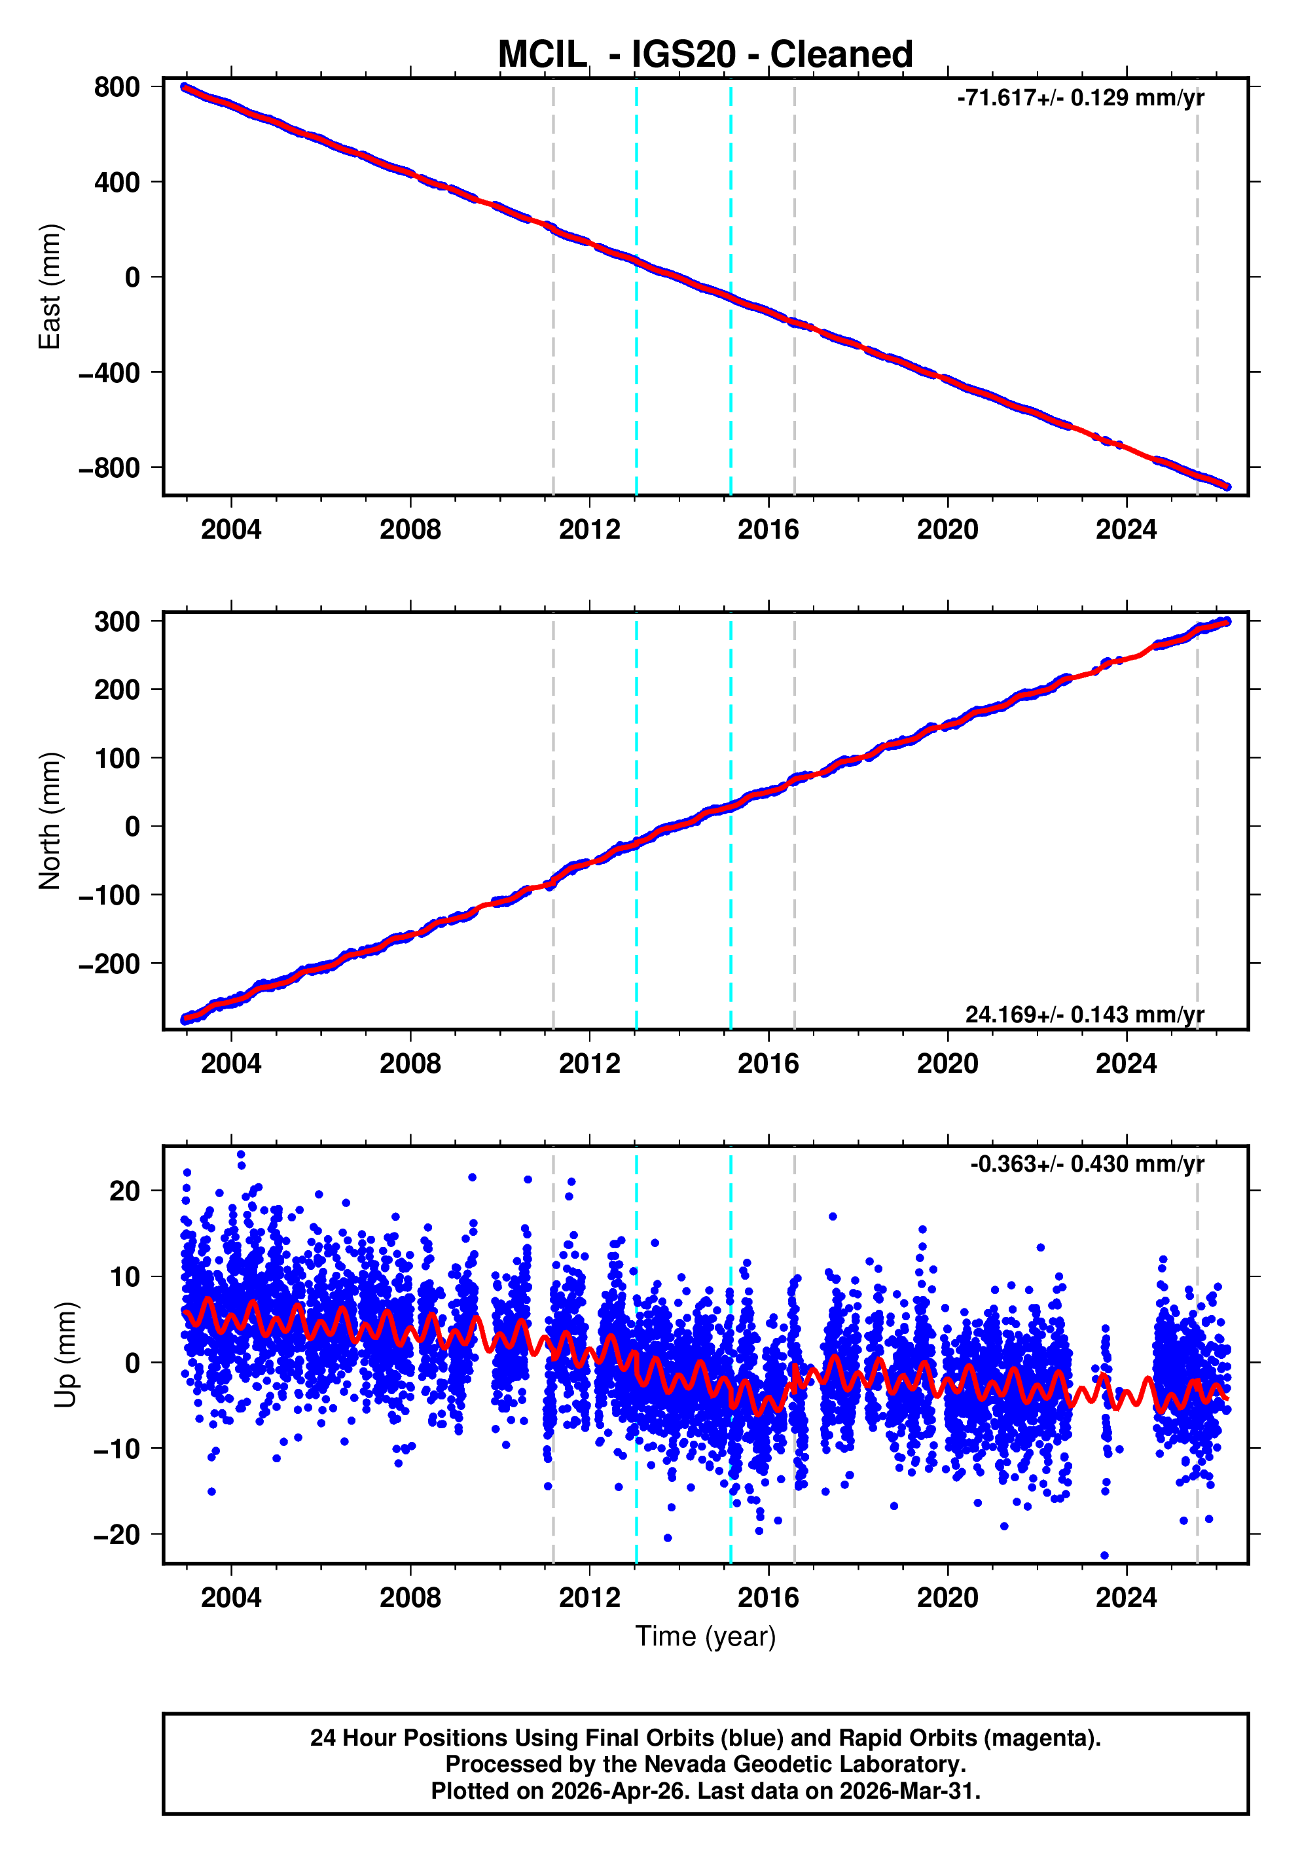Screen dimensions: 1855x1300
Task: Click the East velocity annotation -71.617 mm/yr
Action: click(x=1079, y=98)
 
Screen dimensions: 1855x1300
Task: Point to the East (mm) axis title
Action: click(x=50, y=287)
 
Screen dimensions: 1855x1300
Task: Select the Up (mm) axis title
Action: click(x=66, y=1355)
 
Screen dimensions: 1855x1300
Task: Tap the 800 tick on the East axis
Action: click(x=117, y=87)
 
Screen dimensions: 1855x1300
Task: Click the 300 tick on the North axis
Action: click(x=117, y=622)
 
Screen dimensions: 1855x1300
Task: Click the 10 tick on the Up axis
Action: click(x=124, y=1276)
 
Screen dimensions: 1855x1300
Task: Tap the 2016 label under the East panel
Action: click(x=768, y=530)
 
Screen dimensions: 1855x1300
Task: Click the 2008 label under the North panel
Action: click(x=410, y=1064)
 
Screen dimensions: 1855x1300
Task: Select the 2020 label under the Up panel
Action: click(x=947, y=1597)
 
